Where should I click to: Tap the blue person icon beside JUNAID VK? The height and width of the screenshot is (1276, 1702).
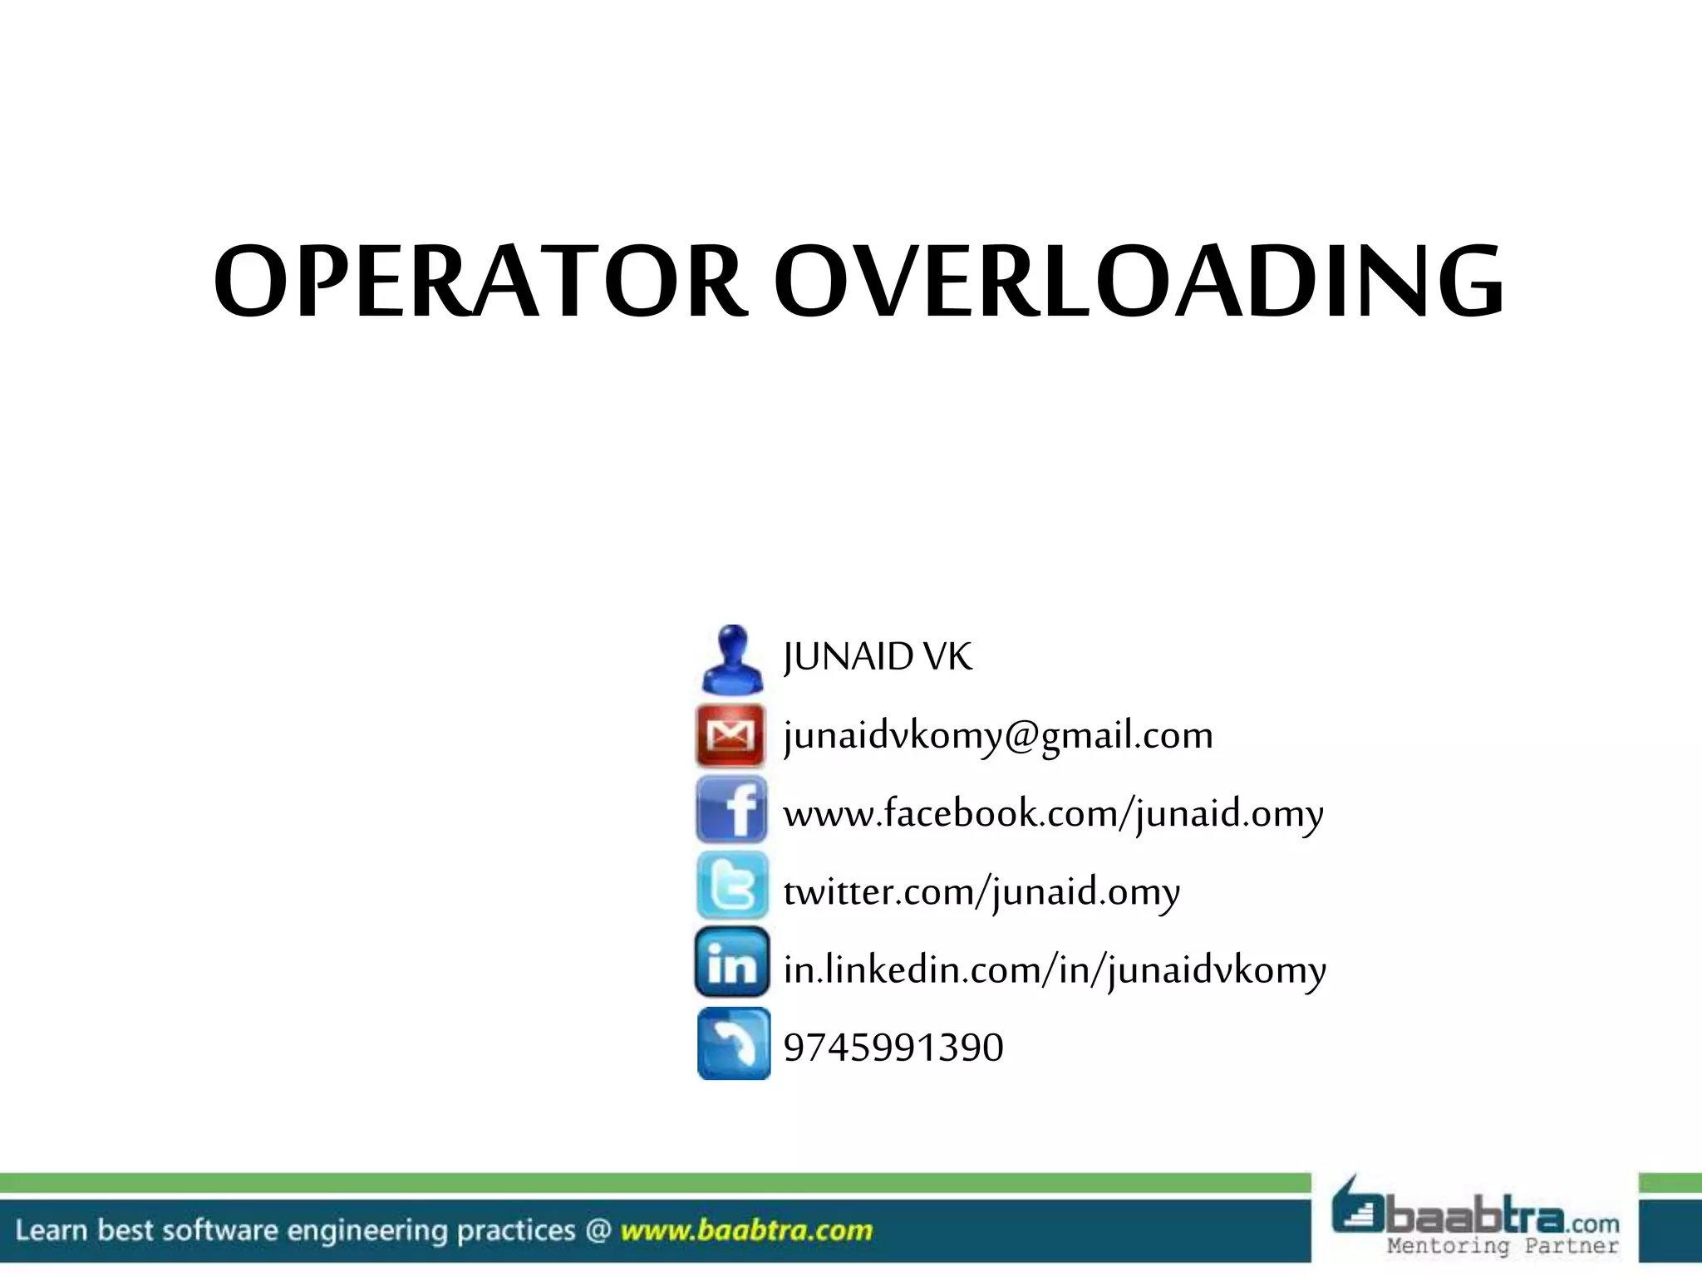(x=731, y=659)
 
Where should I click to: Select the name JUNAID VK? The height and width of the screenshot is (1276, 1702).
(x=877, y=657)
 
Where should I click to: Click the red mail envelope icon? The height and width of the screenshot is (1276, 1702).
(x=730, y=734)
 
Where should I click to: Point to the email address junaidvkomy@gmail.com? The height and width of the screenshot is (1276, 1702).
(x=998, y=735)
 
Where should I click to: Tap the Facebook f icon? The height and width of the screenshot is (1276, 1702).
(x=731, y=810)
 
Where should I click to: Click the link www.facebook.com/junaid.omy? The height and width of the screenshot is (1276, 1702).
(x=1053, y=813)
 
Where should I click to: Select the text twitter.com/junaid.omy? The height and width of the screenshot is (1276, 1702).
(x=981, y=891)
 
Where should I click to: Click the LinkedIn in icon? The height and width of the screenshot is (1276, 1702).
(x=732, y=963)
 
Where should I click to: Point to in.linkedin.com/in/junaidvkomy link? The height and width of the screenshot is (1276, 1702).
(x=1055, y=969)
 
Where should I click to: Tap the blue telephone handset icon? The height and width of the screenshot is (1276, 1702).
(x=734, y=1043)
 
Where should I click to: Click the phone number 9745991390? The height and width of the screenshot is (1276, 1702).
(x=893, y=1047)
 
